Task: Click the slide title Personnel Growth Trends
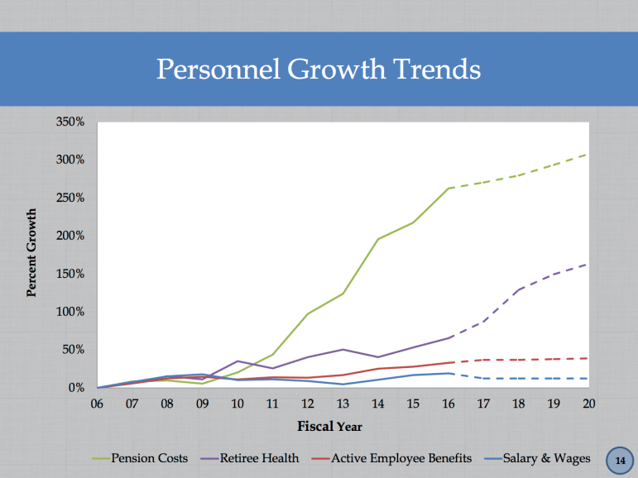pyautogui.click(x=319, y=69)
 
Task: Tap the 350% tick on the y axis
pyautogui.click(x=70, y=122)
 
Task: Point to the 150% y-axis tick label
pyautogui.click(x=70, y=274)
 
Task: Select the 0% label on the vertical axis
pyautogui.click(x=75, y=388)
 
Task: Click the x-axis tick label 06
pyautogui.click(x=97, y=404)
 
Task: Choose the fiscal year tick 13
pyautogui.click(x=343, y=404)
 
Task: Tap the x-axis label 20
pyautogui.click(x=588, y=404)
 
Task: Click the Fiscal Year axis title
pyautogui.click(x=329, y=427)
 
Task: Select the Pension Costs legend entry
pyautogui.click(x=149, y=458)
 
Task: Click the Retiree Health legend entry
pyautogui.click(x=260, y=458)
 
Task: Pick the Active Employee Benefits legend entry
pyautogui.click(x=401, y=458)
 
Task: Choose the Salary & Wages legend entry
pyautogui.click(x=546, y=458)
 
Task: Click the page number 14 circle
pyautogui.click(x=619, y=459)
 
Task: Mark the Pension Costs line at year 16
pyautogui.click(x=448, y=189)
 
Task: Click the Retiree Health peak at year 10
pyautogui.click(x=237, y=361)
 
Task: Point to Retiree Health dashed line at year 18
pyautogui.click(x=518, y=289)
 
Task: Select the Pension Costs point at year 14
pyautogui.click(x=377, y=239)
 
